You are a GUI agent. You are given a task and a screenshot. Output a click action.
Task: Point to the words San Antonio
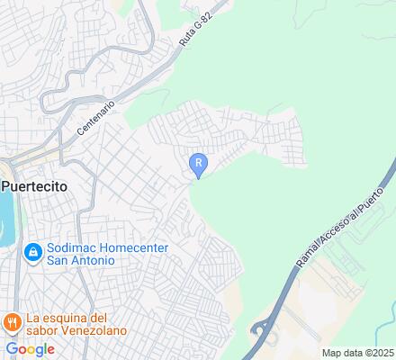81,261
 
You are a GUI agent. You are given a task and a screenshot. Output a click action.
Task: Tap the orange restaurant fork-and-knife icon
12,321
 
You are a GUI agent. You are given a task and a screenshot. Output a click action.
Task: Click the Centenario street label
96,117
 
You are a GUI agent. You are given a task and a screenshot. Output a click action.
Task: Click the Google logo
30,348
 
